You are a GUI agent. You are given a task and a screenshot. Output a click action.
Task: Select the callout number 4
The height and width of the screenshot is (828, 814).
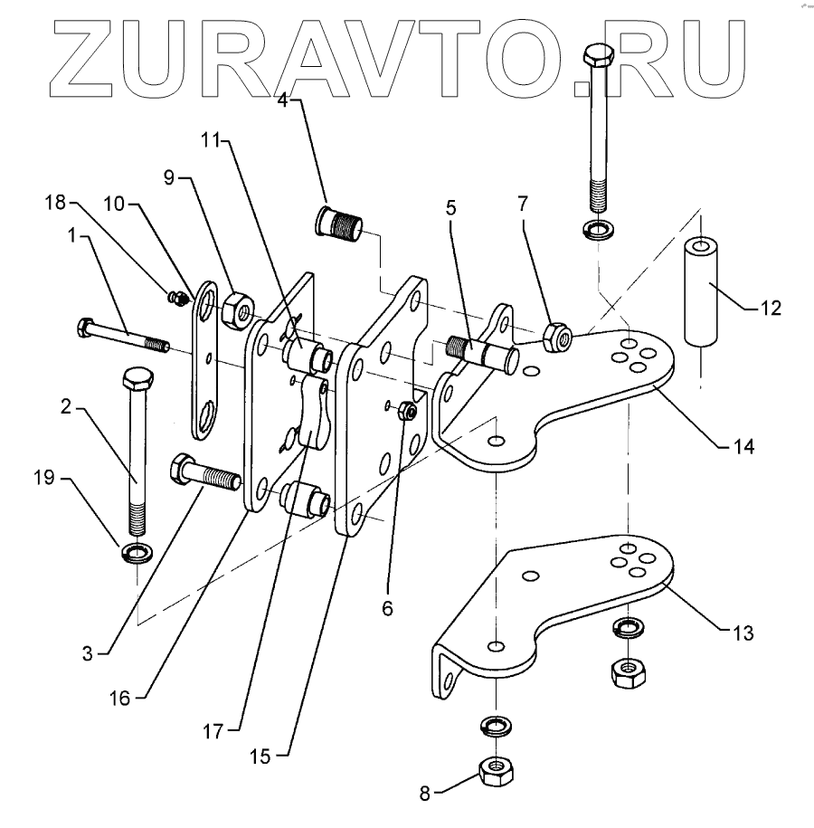point(282,100)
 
